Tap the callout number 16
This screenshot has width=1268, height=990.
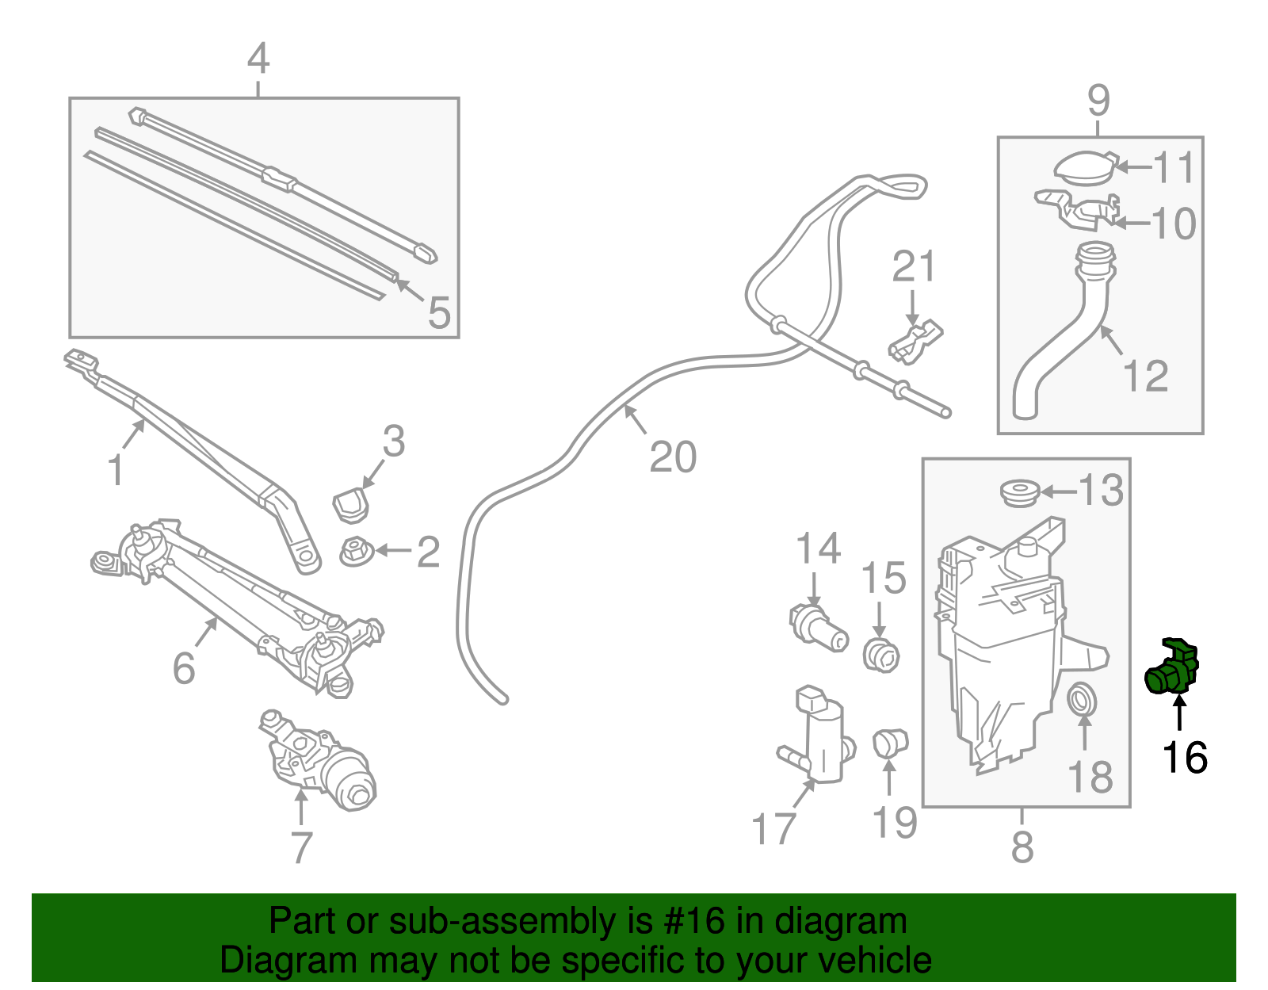point(1184,758)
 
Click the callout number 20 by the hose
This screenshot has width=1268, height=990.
point(673,457)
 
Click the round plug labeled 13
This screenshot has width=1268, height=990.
point(1019,492)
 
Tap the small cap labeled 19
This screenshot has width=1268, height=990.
point(889,743)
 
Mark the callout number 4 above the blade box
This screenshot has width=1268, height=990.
point(258,59)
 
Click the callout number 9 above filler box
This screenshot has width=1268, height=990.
point(1098,101)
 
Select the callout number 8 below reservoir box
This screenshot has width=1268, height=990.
point(1022,847)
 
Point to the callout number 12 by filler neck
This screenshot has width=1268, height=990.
point(1146,376)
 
